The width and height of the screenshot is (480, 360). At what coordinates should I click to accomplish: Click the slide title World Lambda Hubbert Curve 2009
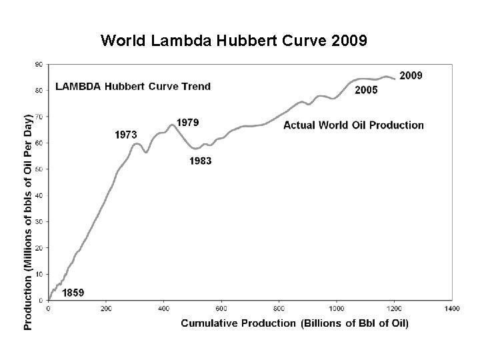click(x=233, y=41)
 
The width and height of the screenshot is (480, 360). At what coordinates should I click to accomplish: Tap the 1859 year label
click(x=73, y=292)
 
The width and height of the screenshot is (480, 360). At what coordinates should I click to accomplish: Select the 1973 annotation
click(x=126, y=135)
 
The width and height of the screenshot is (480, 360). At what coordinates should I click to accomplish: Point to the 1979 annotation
click(x=187, y=123)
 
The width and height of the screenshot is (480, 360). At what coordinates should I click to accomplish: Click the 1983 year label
click(x=201, y=161)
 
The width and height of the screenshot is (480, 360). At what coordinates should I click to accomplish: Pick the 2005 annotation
click(x=366, y=90)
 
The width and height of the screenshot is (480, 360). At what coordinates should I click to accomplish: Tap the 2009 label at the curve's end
click(x=410, y=75)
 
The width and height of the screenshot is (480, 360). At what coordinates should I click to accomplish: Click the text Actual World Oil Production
click(x=353, y=125)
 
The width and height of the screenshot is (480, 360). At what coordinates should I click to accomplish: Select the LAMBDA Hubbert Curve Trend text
click(x=133, y=86)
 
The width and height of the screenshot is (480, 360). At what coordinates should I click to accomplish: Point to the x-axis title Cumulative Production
click(x=295, y=323)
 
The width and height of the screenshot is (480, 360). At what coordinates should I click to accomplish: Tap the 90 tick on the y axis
click(x=38, y=64)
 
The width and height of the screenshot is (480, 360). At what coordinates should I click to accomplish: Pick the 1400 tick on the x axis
click(x=451, y=309)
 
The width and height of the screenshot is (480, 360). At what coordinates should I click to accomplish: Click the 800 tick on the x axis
click(x=279, y=309)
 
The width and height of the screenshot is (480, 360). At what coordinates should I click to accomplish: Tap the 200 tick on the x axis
click(x=106, y=309)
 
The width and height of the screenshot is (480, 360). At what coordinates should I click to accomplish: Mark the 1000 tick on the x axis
click(x=336, y=309)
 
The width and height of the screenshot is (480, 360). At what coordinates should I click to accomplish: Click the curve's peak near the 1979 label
click(x=172, y=125)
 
